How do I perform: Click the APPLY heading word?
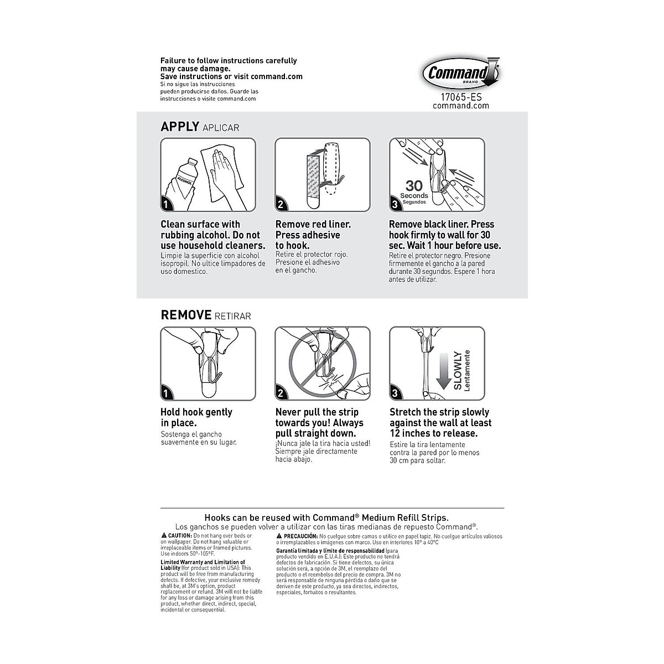click(x=179, y=127)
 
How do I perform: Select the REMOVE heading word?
click(x=186, y=315)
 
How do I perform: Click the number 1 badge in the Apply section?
click(x=166, y=205)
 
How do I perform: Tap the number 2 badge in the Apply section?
click(x=281, y=205)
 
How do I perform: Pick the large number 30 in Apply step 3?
click(x=414, y=185)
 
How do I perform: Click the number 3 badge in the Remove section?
click(x=395, y=393)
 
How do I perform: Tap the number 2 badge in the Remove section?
click(x=281, y=393)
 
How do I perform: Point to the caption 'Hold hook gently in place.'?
click(x=196, y=418)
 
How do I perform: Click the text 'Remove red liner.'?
click(x=313, y=225)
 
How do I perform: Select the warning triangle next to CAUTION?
click(x=164, y=536)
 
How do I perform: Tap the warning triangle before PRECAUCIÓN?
click(x=279, y=536)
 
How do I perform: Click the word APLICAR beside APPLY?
click(x=221, y=128)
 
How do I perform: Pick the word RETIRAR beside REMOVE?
click(x=232, y=317)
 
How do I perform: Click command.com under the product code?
click(x=461, y=106)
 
